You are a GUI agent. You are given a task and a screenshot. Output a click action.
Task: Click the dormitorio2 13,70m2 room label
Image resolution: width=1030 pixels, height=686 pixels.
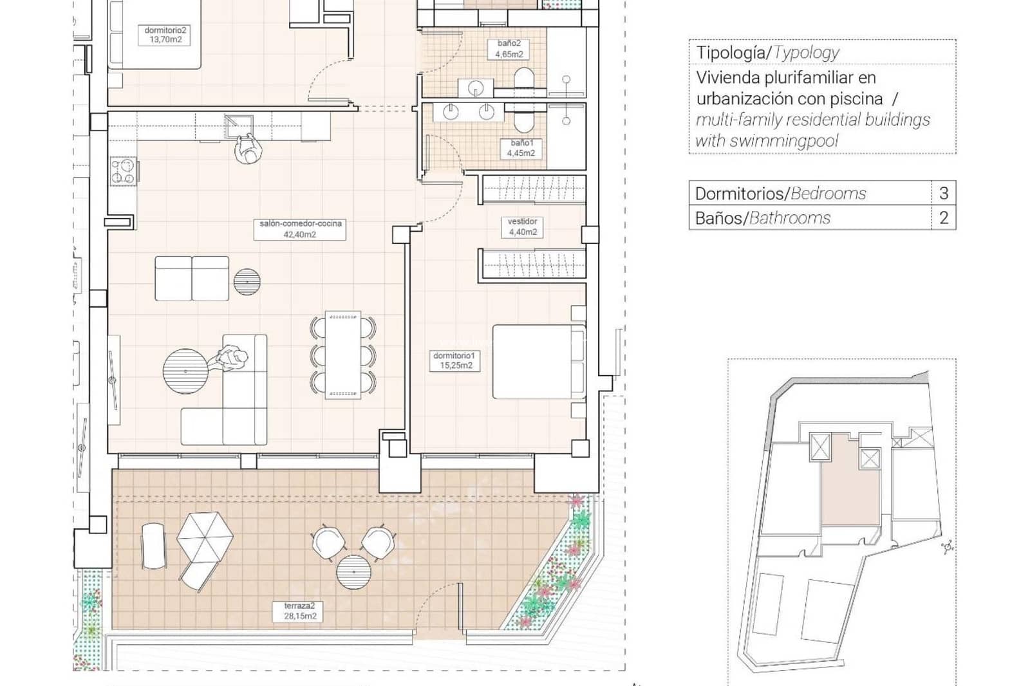point(165,35)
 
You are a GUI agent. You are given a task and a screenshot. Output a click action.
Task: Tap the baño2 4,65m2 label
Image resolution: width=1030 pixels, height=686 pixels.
point(509,49)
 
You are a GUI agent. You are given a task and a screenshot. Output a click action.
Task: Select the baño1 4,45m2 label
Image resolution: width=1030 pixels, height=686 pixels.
point(521,148)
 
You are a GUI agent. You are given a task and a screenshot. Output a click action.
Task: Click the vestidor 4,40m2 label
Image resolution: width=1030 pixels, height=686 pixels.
point(522,227)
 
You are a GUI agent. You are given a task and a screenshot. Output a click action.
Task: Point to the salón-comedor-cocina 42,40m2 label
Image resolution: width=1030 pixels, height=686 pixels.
point(300,229)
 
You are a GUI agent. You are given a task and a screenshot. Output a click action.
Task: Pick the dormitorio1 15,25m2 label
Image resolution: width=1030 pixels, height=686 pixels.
point(456,360)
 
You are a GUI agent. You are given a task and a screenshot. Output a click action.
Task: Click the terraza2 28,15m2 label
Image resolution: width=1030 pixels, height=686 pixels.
point(300,611)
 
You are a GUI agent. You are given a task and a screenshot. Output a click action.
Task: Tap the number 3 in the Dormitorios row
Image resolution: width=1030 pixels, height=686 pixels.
point(944,193)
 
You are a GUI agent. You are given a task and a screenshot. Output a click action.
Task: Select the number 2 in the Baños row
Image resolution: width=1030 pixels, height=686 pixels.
point(944,218)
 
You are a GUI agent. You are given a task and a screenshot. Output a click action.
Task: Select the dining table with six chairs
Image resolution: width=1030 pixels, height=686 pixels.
point(343,355)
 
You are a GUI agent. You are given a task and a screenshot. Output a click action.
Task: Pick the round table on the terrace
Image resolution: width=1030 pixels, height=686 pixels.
point(354,571)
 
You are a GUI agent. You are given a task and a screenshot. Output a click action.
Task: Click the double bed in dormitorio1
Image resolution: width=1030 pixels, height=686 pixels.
point(538,362)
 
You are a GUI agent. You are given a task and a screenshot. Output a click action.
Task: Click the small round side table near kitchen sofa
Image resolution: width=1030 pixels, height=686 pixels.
point(247,281)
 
